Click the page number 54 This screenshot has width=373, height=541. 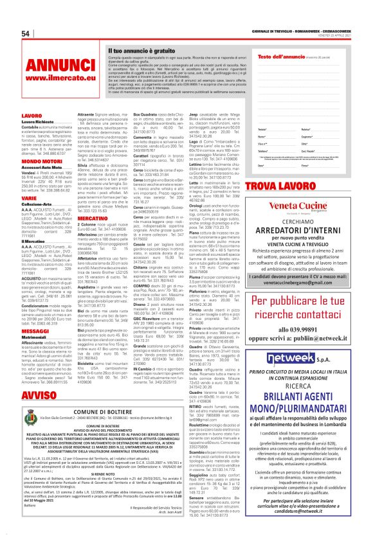pyautogui.click(x=26, y=33)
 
